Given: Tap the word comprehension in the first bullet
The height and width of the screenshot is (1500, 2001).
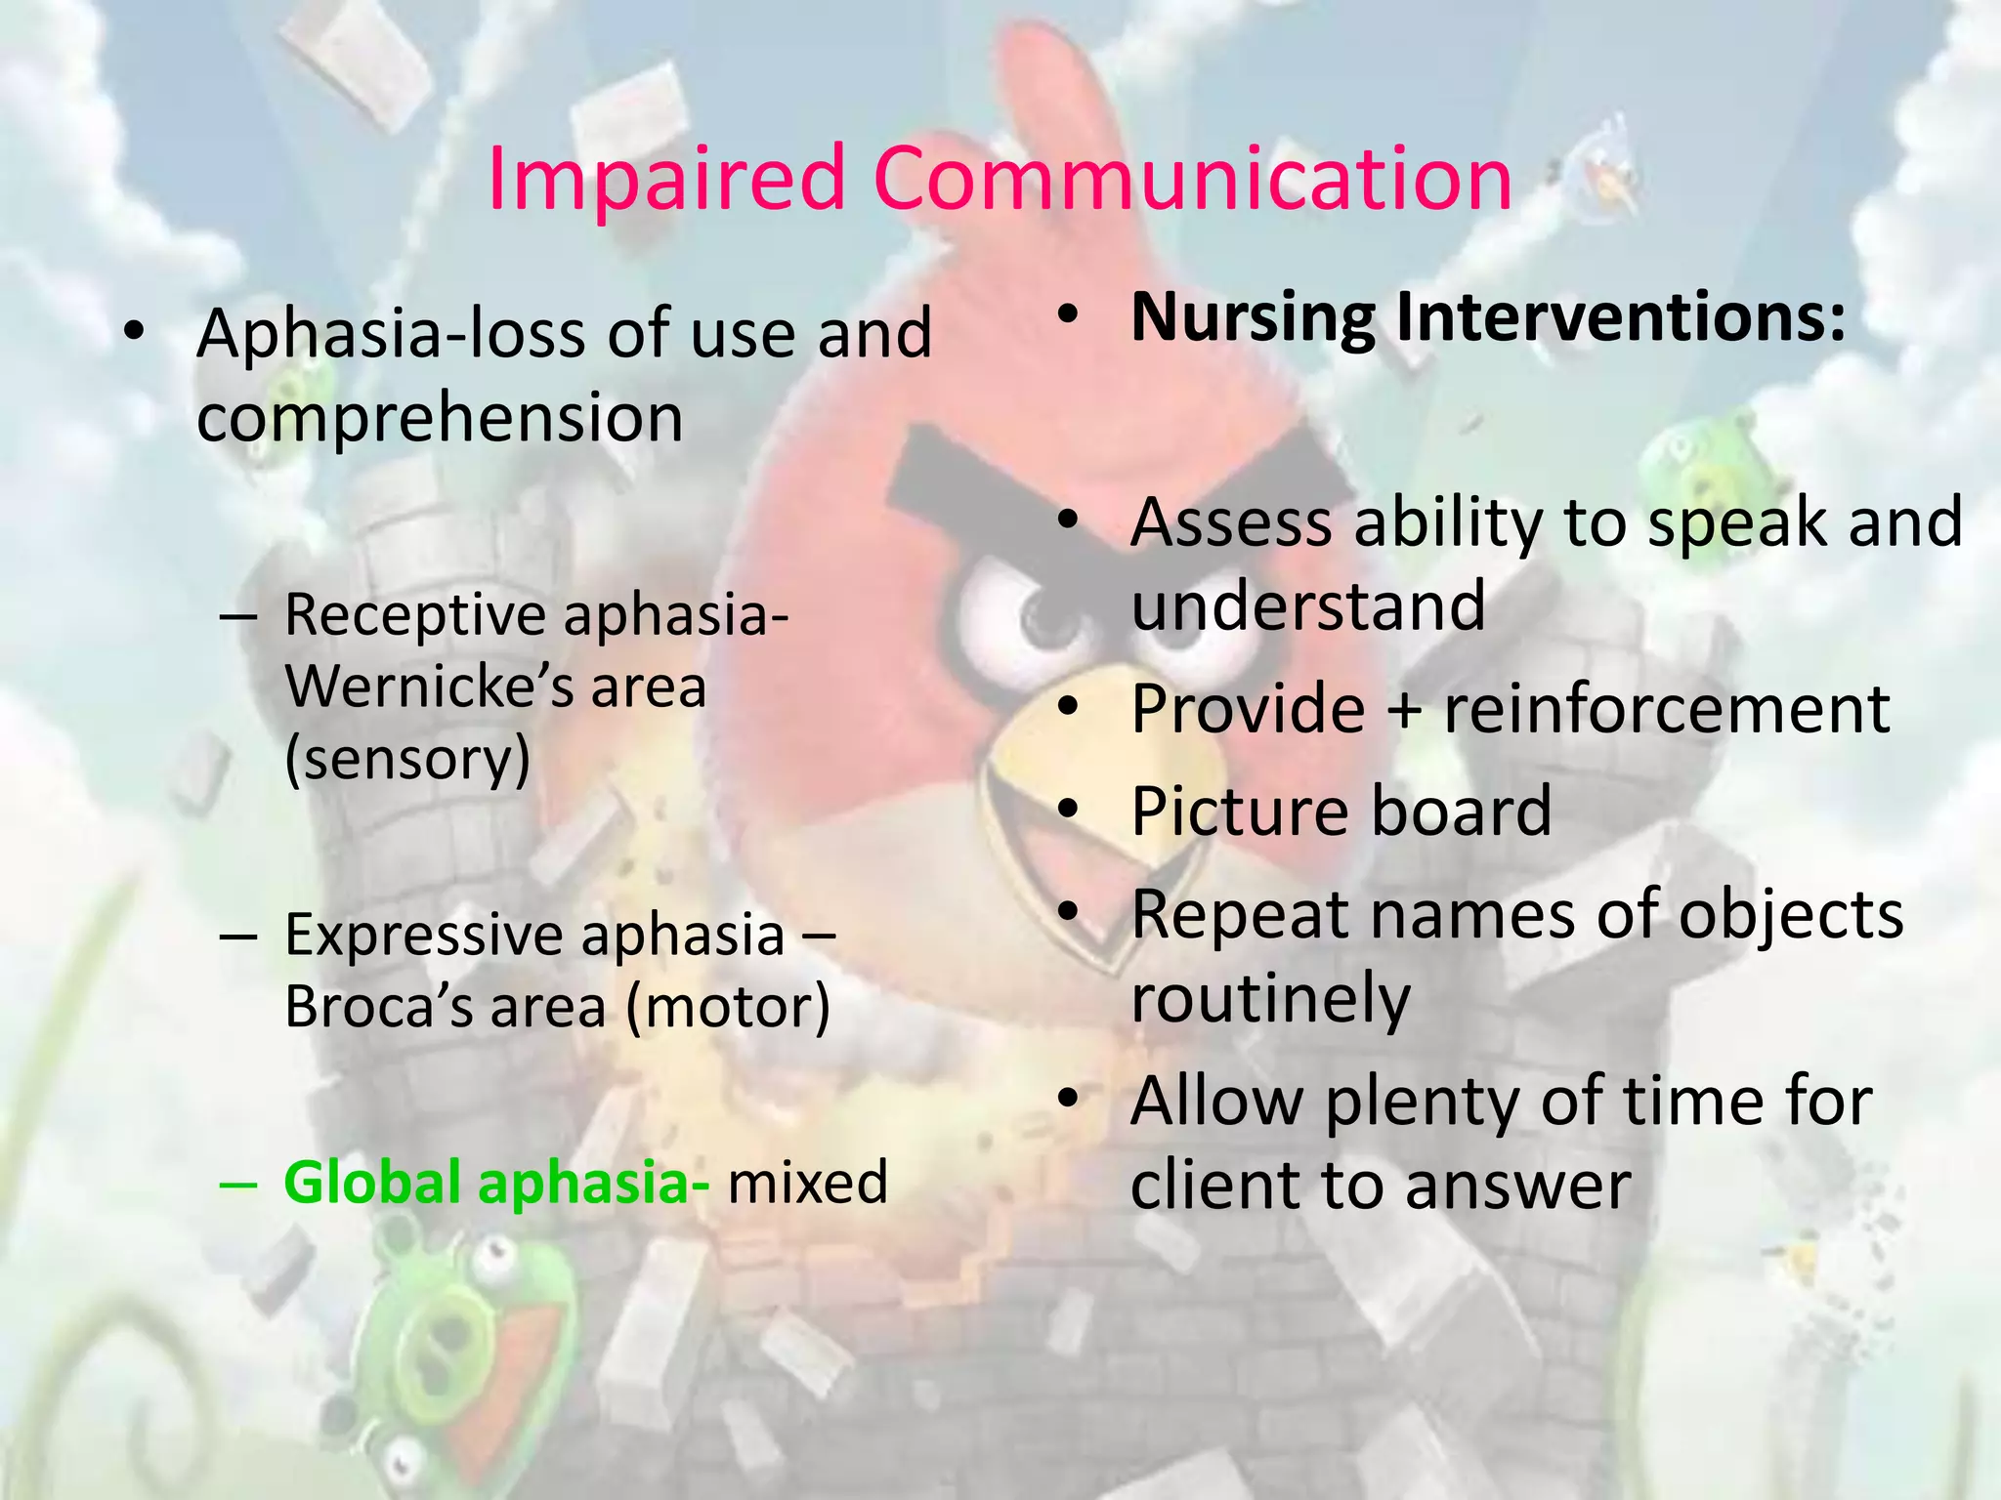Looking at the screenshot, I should (x=440, y=418).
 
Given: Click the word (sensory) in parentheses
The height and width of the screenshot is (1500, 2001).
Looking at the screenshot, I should (x=408, y=759).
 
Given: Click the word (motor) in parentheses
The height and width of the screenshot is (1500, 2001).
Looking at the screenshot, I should (x=728, y=1006).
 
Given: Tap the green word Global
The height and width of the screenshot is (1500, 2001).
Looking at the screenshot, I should (x=372, y=1183).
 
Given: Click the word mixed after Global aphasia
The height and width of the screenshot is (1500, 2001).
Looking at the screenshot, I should (x=807, y=1183).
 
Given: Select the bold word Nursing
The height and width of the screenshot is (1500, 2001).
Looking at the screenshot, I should (x=1253, y=317).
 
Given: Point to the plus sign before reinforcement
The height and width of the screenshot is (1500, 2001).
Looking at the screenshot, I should (x=1404, y=710).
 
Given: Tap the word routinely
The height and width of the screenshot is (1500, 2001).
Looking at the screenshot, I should (x=1270, y=999).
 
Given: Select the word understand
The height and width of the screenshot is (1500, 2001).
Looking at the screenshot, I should (x=1307, y=605).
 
